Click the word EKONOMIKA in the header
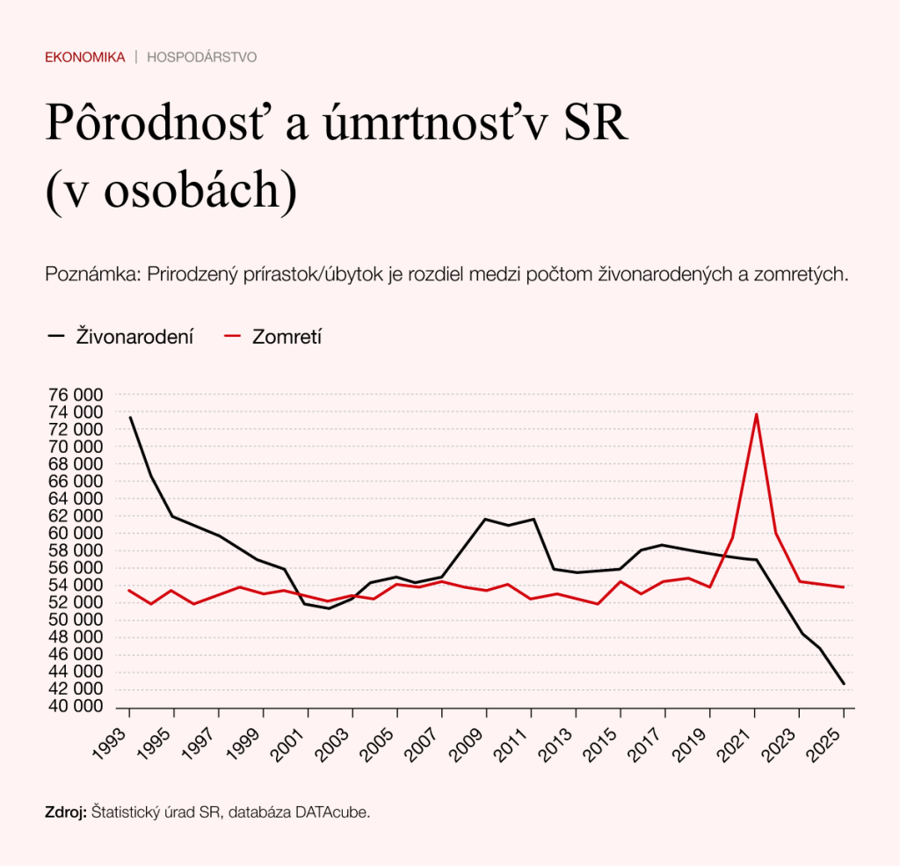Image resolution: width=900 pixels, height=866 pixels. [x=85, y=57]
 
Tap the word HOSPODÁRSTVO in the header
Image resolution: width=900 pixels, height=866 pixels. [x=201, y=57]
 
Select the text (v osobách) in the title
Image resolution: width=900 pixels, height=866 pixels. [x=171, y=191]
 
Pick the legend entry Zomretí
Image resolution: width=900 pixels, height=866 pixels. [x=287, y=336]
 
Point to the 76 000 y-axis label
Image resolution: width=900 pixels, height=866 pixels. [x=77, y=395]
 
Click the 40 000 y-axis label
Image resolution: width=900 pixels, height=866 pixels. [x=77, y=707]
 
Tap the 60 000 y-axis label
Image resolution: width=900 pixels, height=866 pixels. [x=77, y=534]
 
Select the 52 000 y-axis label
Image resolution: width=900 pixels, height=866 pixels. [x=77, y=603]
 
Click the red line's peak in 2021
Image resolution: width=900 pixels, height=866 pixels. [x=756, y=414]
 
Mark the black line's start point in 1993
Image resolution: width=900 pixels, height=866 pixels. [x=129, y=417]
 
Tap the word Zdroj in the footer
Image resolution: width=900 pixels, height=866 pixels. [x=64, y=812]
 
